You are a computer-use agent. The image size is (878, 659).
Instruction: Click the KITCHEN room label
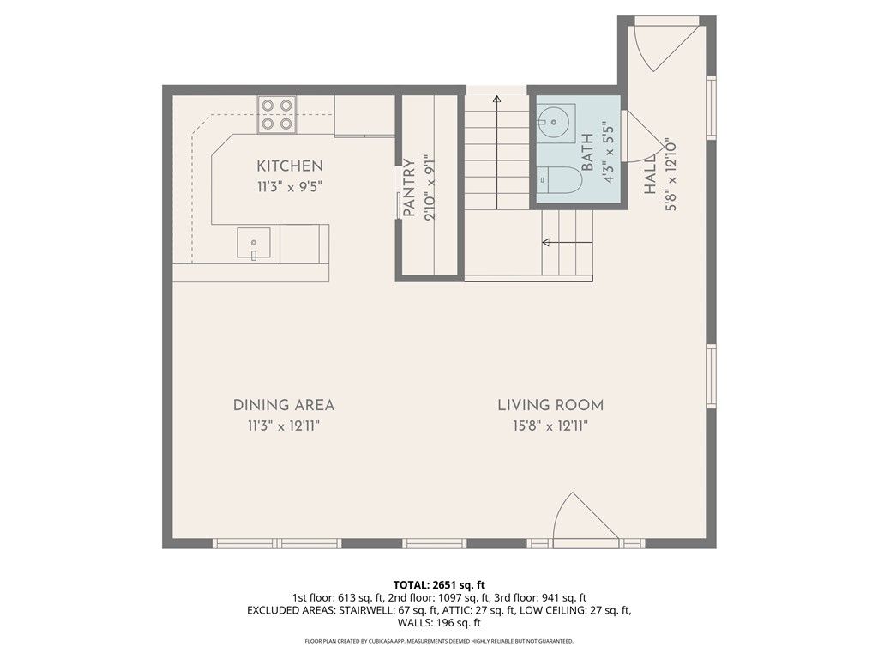(x=290, y=166)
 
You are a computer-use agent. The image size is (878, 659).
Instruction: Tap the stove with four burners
(x=277, y=114)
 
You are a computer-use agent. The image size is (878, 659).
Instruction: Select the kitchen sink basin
(x=254, y=243)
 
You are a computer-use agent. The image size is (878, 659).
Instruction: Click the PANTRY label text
(x=409, y=188)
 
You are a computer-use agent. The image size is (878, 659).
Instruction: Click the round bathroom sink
(x=553, y=121)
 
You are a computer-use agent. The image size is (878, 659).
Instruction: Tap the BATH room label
(x=587, y=153)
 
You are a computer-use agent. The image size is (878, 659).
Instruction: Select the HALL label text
(x=650, y=174)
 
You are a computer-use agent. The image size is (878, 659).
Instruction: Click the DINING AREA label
(x=283, y=405)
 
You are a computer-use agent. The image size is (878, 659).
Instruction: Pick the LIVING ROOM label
(x=550, y=405)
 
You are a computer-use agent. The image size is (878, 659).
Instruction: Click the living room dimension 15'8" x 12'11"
(x=550, y=426)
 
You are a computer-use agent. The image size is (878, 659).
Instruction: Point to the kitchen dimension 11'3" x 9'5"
(x=290, y=186)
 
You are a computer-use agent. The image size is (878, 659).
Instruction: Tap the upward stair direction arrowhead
(x=496, y=100)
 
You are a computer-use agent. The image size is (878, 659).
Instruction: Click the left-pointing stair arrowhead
(x=545, y=243)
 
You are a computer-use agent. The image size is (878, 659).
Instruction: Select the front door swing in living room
(x=586, y=517)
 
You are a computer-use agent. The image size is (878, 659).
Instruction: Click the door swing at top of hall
(x=664, y=48)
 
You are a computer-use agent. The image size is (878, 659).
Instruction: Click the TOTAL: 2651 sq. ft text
(x=439, y=586)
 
